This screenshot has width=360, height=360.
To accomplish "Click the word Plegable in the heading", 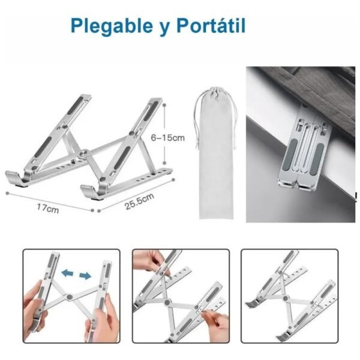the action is pyautogui.click(x=112, y=25).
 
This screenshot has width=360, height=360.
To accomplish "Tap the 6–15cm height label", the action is pyautogui.click(x=167, y=138).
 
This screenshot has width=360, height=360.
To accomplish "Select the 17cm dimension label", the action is pyautogui.click(x=48, y=208).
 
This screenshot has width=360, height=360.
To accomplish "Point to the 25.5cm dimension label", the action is pyautogui.click(x=139, y=202).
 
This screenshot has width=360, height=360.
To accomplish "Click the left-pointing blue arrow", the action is pyautogui.click(x=67, y=273).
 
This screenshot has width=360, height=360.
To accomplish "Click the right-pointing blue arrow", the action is pyautogui.click(x=85, y=275).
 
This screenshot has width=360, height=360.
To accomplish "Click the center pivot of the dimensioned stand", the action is pyautogui.click(x=83, y=153).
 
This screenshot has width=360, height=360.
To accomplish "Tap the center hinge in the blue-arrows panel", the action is pyautogui.click(x=70, y=297).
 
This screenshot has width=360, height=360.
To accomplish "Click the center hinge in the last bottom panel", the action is pyautogui.click(x=286, y=298).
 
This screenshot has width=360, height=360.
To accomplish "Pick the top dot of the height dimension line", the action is pyautogui.click(x=164, y=105).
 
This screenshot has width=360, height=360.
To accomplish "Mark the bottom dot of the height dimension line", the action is pyautogui.click(x=164, y=163).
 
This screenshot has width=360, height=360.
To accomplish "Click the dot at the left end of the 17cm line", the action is pyautogui.click(x=7, y=193).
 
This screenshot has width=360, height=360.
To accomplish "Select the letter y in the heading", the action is pyautogui.click(x=165, y=28).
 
